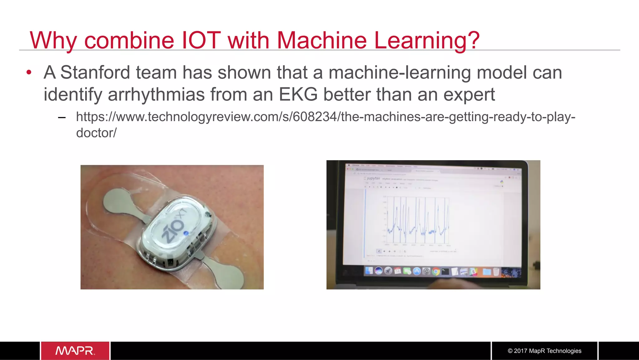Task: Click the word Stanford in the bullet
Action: (95, 72)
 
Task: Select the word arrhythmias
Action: (156, 94)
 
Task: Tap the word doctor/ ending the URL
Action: (96, 133)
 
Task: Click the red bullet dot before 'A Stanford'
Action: (29, 72)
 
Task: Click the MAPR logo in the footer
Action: (75, 351)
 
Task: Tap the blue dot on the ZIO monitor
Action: (186, 233)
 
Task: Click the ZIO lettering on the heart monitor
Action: (173, 229)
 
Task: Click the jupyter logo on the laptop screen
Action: (373, 178)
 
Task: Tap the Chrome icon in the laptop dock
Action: (436, 271)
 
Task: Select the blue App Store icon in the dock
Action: (417, 271)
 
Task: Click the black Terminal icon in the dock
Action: (445, 271)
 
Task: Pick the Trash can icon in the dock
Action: (496, 272)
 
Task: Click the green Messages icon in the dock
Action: (407, 271)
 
